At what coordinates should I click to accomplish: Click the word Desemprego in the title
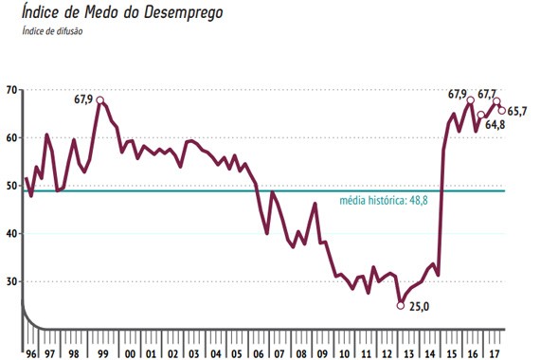tap(183, 12)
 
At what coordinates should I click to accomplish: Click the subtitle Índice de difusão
tap(52, 31)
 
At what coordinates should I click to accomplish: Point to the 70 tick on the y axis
tap(11, 90)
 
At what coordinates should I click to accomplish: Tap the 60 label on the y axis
tap(11, 137)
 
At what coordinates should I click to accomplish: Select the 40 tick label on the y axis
tap(11, 234)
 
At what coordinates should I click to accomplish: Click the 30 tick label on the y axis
tap(11, 281)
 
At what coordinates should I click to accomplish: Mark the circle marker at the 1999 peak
tap(99, 100)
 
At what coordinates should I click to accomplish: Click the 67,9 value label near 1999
tap(83, 99)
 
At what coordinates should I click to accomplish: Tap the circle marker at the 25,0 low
tap(400, 305)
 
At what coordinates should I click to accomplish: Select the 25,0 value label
tap(419, 306)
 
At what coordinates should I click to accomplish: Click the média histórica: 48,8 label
tap(384, 200)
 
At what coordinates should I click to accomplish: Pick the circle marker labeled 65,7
tap(502, 111)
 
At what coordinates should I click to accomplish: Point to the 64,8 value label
tap(495, 125)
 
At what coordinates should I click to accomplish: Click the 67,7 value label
tap(487, 94)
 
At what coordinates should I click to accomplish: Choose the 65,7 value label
tap(517, 111)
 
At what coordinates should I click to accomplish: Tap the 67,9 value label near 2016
tap(458, 94)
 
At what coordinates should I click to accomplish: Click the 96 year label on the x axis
tap(31, 353)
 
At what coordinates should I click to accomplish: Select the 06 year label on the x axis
tap(258, 353)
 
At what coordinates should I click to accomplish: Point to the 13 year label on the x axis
tap(408, 353)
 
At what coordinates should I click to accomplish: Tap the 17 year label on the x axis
tap(495, 353)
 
